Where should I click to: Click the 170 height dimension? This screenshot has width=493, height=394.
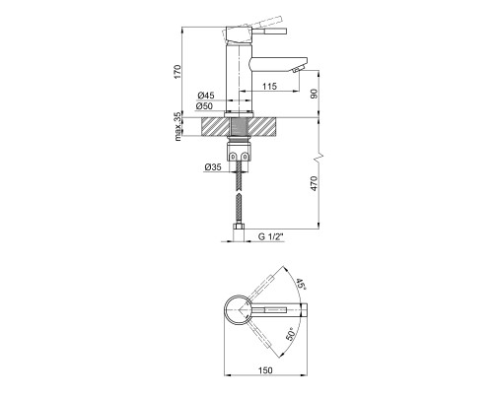pos(177,72)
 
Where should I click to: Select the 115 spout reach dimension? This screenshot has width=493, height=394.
pos(270,87)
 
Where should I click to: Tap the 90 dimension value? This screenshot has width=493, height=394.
pos(315,95)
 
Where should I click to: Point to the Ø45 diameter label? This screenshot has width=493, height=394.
pos(206,96)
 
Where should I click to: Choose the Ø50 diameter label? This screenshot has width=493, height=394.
pos(205,106)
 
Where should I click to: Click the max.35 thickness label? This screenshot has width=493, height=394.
pos(177,127)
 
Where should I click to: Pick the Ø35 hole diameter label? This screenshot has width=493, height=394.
pos(213,167)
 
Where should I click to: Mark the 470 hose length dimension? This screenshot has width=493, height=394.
pos(315,183)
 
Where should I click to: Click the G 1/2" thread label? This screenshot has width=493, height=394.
pos(271,236)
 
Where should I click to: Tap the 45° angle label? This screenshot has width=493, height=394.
pos(301,284)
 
